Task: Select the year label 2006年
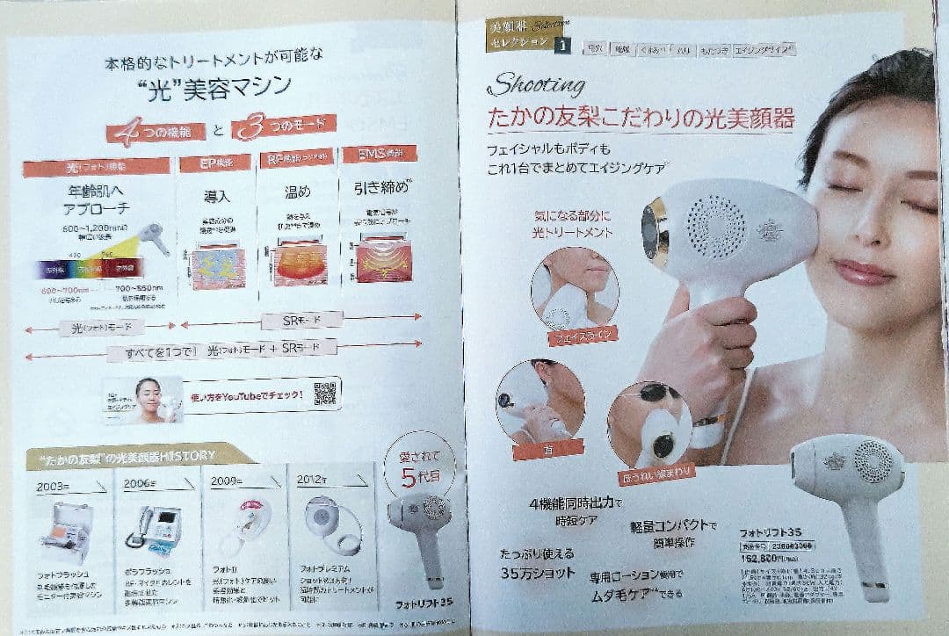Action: pyautogui.click(x=141, y=483)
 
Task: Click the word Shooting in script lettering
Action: pyautogui.click(x=536, y=85)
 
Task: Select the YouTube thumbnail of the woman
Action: pyautogui.click(x=142, y=400)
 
